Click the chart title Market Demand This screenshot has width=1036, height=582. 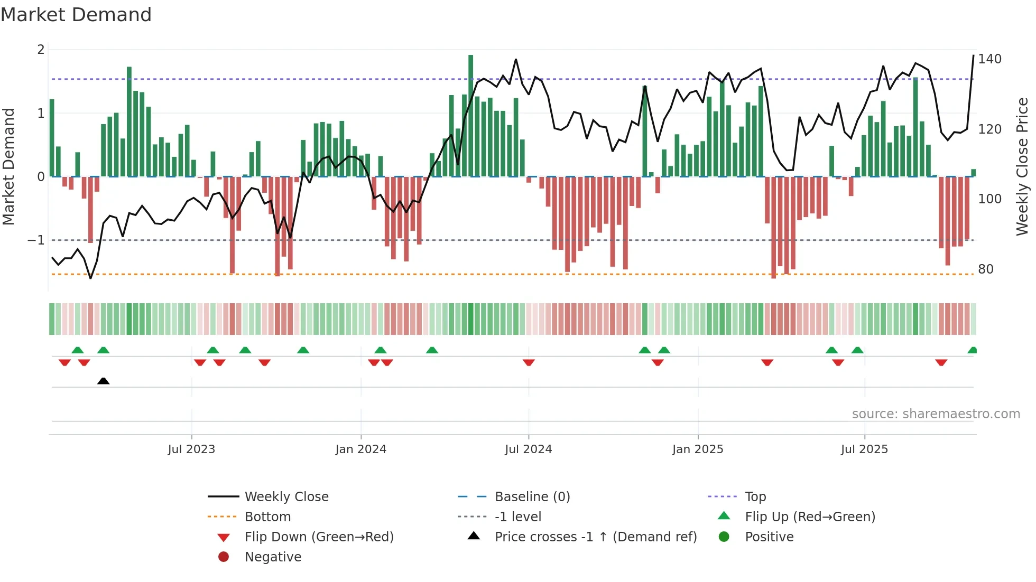[76, 15]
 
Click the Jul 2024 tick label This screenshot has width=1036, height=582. [528, 449]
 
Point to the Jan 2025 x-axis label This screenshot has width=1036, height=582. [697, 449]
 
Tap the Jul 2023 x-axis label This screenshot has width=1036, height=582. [191, 449]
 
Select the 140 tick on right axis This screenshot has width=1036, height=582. [989, 59]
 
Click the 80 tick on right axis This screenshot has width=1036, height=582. [986, 269]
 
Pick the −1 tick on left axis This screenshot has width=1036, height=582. [36, 240]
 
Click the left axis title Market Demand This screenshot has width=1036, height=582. [9, 166]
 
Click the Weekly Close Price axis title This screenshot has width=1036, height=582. [1022, 166]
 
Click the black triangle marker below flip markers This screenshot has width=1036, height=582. [104, 381]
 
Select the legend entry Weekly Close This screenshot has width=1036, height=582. [286, 497]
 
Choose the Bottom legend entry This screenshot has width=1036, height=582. [267, 517]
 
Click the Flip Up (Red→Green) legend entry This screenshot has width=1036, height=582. [810, 517]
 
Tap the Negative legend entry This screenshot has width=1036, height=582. [273, 557]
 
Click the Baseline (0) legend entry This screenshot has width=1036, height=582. [532, 497]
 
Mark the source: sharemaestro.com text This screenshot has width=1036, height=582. [936, 414]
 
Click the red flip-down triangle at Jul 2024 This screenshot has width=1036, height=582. [529, 362]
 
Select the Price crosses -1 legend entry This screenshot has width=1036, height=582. [595, 537]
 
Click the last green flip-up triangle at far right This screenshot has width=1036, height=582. [972, 350]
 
